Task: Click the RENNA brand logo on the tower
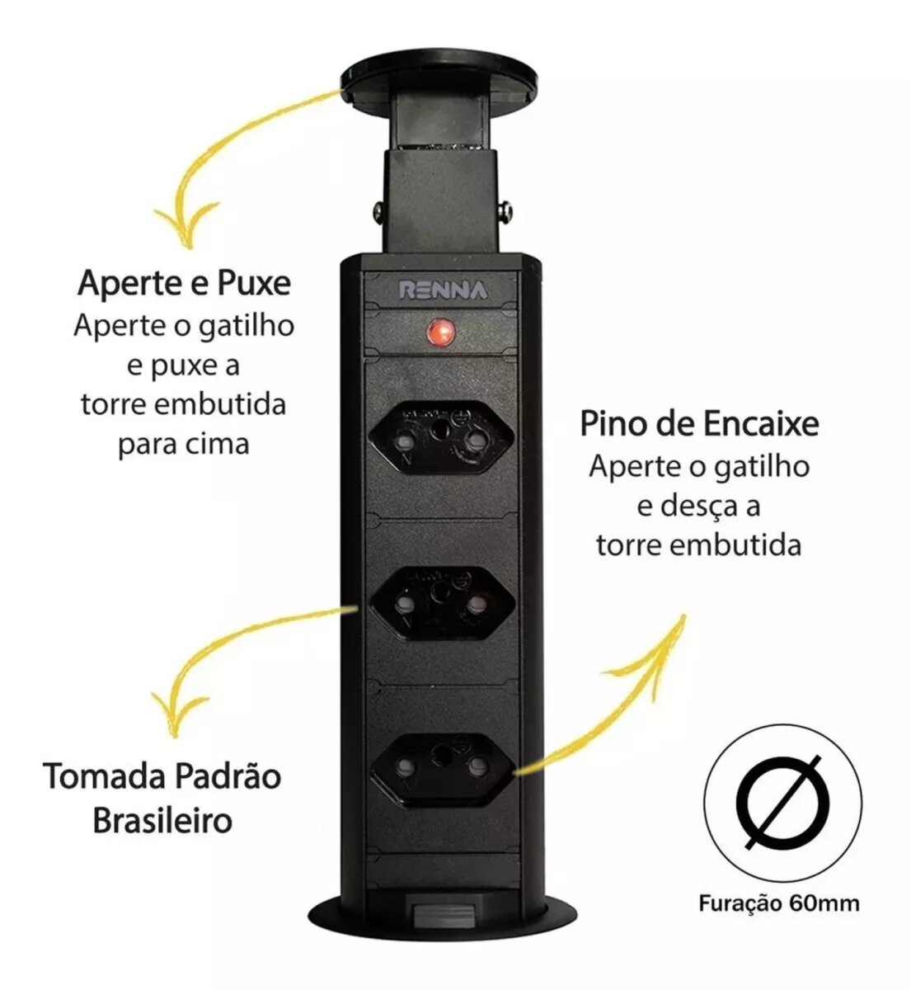[444, 290]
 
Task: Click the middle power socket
[442, 603]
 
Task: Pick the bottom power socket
[442, 770]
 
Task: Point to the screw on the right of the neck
[505, 213]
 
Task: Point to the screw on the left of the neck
[378, 212]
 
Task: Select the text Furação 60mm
[779, 917]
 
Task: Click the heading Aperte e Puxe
[184, 284]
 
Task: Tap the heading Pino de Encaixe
[699, 424]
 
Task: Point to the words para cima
[184, 445]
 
